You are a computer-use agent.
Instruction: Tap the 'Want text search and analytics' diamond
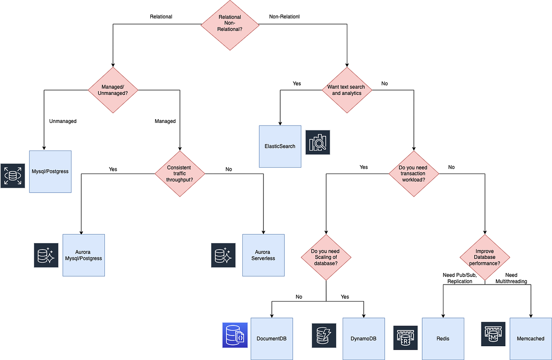(346, 90)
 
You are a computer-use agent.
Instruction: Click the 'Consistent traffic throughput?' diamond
(179, 174)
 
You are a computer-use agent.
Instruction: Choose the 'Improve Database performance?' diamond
(485, 257)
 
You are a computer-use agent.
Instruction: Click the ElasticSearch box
(280, 146)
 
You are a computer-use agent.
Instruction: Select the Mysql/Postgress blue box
(50, 171)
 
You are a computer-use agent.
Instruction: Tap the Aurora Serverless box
(263, 255)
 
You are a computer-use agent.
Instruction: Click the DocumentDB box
(271, 338)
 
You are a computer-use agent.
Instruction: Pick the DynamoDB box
(363, 338)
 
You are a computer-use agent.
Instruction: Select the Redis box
(443, 338)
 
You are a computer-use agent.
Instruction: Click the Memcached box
(531, 338)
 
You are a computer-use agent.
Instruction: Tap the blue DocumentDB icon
(235, 335)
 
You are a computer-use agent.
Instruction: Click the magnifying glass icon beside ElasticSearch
(318, 142)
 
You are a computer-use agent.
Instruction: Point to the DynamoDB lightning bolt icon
(324, 335)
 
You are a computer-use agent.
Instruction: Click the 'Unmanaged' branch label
(63, 121)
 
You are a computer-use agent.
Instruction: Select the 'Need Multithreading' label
(511, 278)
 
